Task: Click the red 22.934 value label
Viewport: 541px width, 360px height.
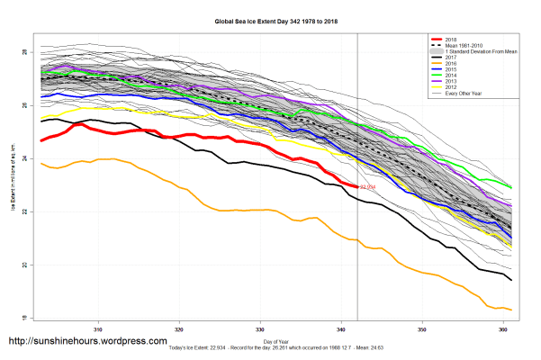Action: point(367,187)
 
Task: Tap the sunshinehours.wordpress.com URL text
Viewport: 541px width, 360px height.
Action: point(87,341)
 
